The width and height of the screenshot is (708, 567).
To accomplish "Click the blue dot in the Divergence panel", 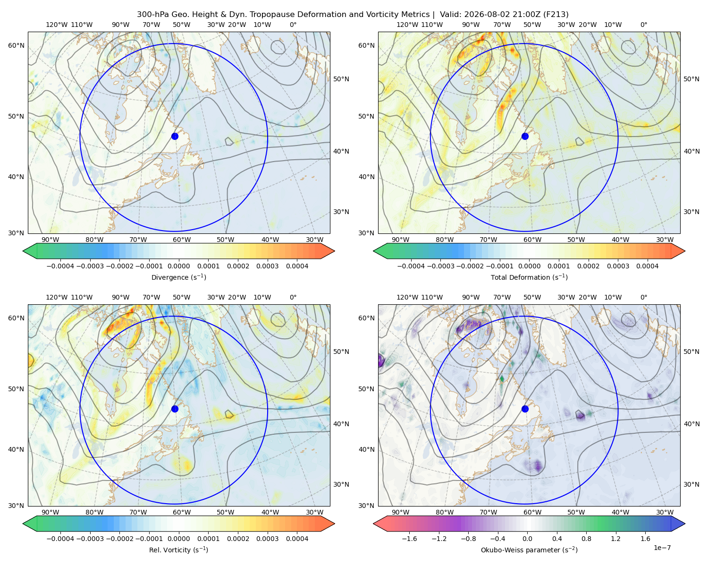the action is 175,136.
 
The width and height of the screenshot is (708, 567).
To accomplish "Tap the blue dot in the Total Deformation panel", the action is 525,136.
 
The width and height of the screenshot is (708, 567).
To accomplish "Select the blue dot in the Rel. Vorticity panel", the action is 175,409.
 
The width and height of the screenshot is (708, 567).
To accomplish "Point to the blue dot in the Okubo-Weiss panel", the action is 525,409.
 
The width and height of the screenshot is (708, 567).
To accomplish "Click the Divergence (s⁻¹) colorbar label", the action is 178,277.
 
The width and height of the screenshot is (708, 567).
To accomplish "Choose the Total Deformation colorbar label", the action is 529,277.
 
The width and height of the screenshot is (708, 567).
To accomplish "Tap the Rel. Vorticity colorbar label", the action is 178,550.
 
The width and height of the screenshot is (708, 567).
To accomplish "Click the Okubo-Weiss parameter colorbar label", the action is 529,550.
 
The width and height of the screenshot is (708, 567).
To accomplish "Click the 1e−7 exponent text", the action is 662,548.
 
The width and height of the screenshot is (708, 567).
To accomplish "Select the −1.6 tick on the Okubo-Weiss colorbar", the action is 409,538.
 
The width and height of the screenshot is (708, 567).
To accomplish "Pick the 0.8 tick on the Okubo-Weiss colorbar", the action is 586,538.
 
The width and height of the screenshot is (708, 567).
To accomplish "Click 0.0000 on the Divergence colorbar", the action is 178,266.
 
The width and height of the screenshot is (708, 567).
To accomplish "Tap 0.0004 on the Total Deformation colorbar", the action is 647,266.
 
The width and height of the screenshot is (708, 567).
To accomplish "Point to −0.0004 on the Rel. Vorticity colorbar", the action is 60,538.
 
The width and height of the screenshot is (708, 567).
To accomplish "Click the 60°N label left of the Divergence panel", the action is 16,45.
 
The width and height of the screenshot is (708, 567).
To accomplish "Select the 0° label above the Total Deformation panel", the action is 643,25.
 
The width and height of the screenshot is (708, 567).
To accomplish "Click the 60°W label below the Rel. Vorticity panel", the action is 182,512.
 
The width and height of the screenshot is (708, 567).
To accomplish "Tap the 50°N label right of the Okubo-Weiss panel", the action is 691,351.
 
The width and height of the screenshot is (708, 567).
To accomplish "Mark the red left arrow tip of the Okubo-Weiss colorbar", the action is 373,523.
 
